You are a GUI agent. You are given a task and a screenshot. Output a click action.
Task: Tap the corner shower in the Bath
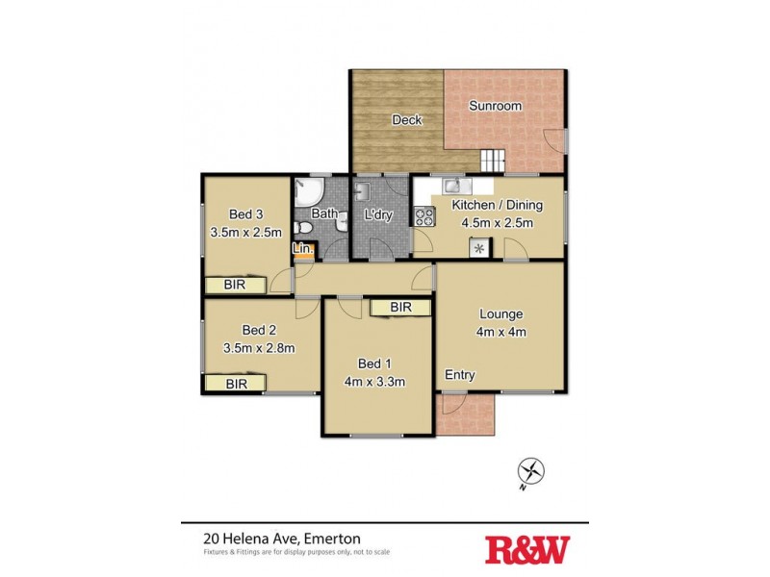point(307,189)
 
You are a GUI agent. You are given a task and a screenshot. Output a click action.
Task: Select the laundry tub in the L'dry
point(365,188)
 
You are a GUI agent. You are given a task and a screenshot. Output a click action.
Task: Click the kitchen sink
point(453,186)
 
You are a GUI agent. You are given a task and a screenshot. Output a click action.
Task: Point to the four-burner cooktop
point(422,217)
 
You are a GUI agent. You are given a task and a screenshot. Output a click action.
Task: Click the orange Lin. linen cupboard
point(302,250)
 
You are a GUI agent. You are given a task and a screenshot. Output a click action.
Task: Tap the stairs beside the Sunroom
point(492,160)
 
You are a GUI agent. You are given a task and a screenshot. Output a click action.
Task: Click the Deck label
point(407,120)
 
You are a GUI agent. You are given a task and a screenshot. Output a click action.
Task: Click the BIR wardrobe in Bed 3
point(234,285)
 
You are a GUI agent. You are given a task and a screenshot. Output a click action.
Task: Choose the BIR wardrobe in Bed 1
point(401,307)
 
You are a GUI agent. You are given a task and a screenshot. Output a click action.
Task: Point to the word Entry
point(459,375)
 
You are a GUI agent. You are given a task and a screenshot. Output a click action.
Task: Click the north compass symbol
point(531,471)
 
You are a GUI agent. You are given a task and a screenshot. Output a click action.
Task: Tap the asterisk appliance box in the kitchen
point(478,248)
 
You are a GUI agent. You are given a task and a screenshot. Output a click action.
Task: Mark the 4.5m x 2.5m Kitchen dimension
point(497,223)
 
